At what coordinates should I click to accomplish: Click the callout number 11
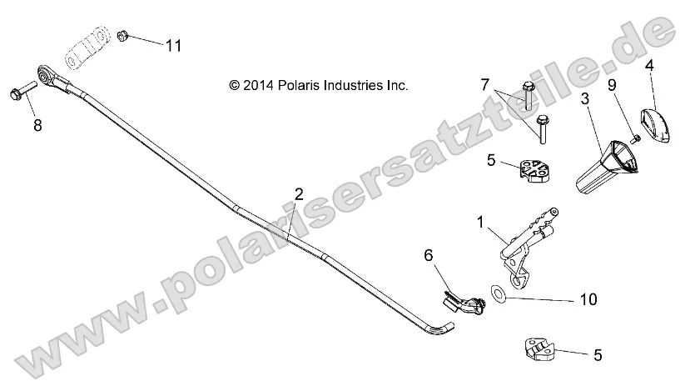172,45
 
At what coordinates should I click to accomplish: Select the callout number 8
36,125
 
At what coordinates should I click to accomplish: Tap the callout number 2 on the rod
299,195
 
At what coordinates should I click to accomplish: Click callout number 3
585,98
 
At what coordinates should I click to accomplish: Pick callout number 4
648,64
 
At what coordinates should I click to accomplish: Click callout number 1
480,222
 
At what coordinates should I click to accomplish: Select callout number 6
429,256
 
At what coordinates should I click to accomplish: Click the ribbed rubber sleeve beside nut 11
87,51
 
